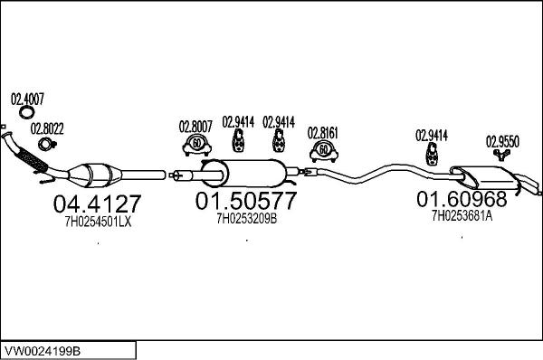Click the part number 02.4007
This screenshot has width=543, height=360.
[27, 99]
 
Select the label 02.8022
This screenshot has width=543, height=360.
[47, 128]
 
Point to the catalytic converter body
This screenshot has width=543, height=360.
[95, 175]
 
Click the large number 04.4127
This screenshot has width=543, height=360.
[98, 204]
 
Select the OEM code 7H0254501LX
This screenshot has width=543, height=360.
[98, 222]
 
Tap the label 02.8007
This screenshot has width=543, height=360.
[195, 127]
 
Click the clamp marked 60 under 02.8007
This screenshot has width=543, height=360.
[196, 145]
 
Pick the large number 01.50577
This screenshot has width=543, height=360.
[246, 201]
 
